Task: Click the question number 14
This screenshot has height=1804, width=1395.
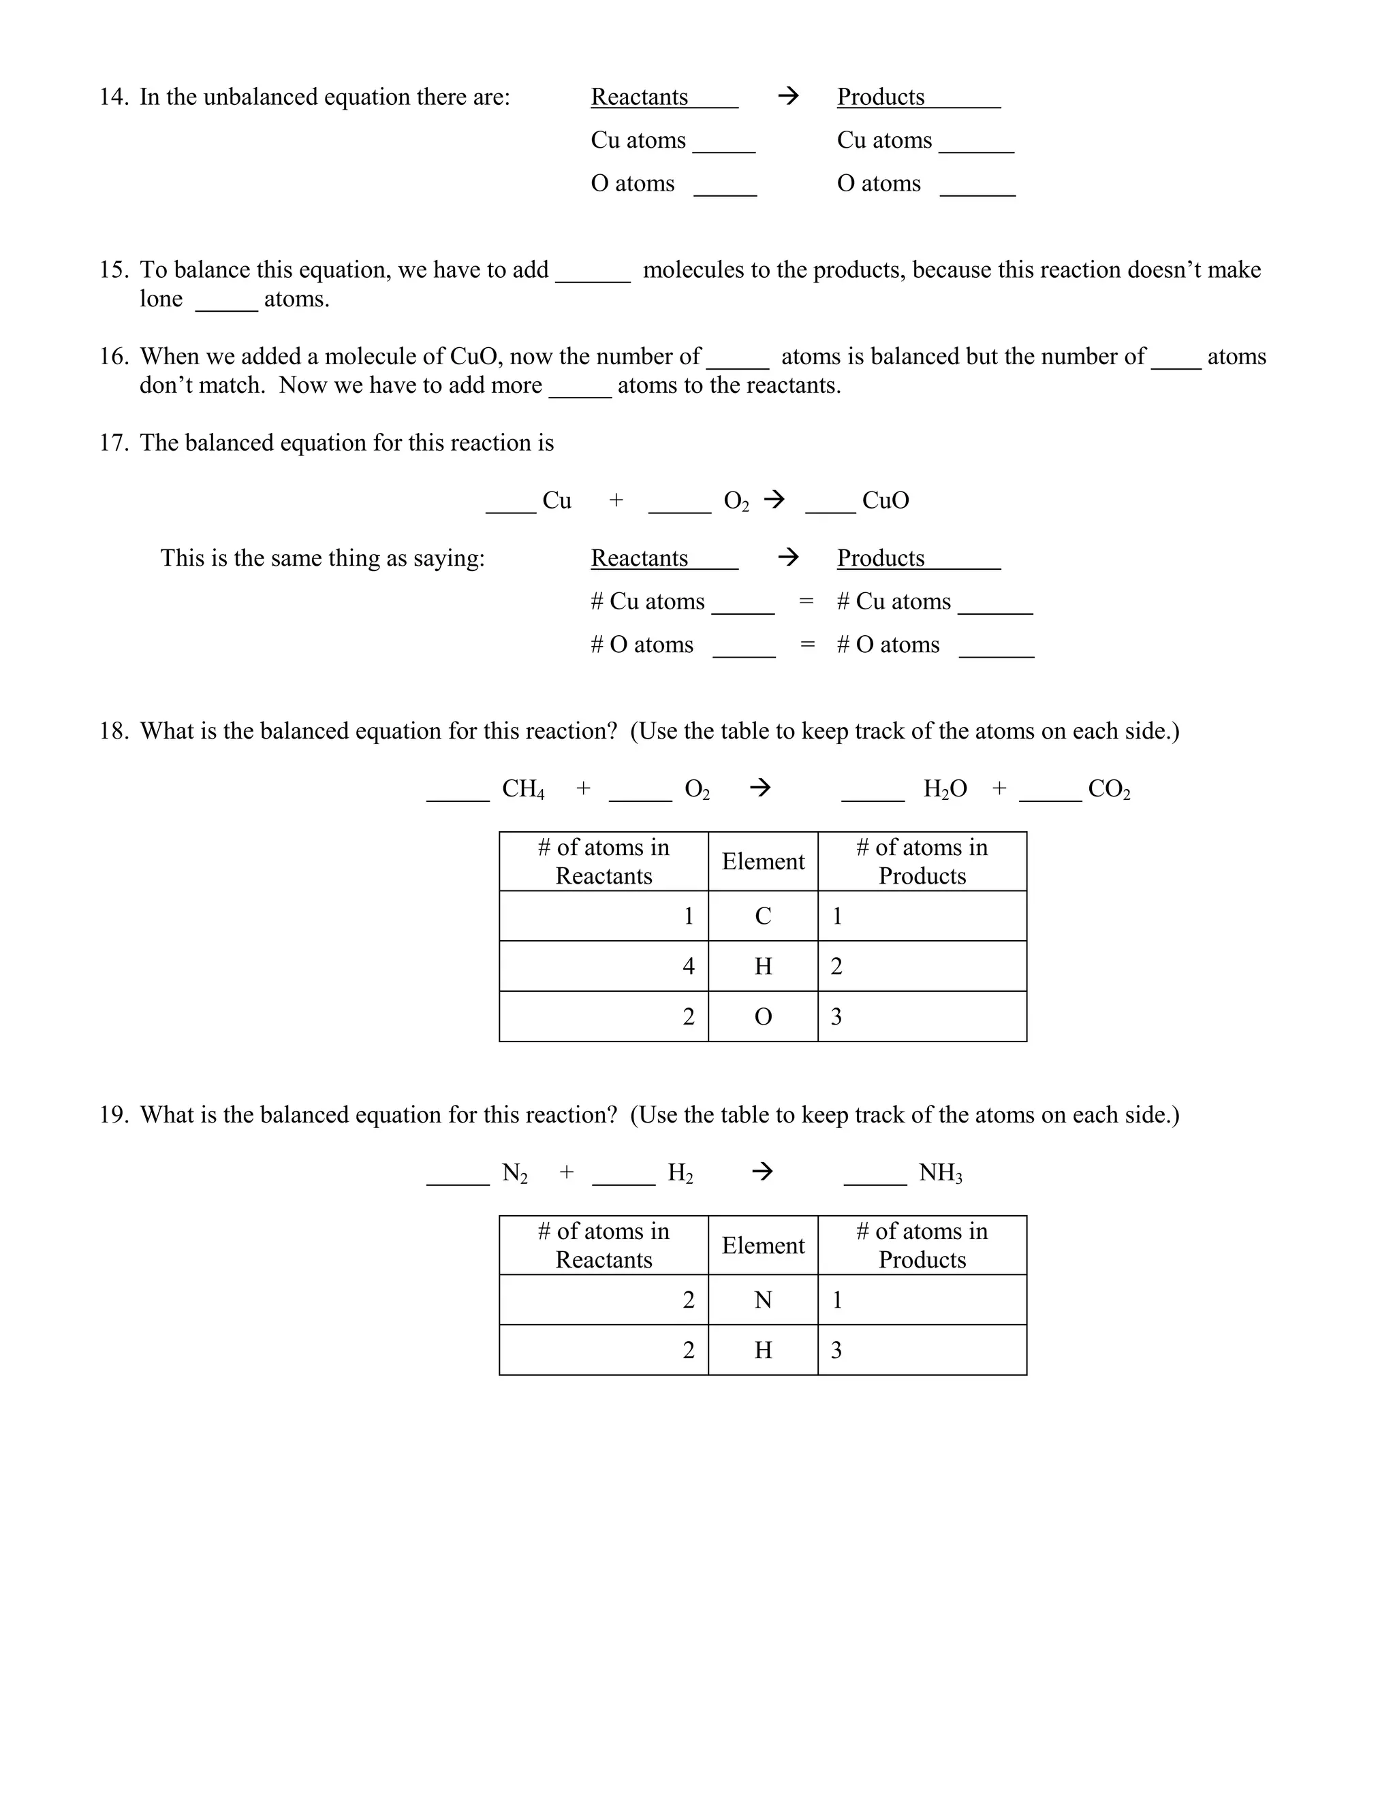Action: (x=113, y=97)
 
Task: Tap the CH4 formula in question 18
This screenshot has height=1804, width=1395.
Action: (x=523, y=790)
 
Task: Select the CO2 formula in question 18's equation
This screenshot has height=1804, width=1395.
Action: (x=1108, y=790)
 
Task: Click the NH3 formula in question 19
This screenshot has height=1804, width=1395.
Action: (x=941, y=1173)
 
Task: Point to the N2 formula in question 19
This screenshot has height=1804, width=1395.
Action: (x=514, y=1173)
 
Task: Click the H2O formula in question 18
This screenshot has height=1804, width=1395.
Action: (x=945, y=790)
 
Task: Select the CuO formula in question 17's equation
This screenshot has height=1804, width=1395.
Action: (x=885, y=500)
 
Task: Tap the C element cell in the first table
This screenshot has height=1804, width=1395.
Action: (x=763, y=916)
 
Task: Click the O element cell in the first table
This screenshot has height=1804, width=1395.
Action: (x=763, y=1017)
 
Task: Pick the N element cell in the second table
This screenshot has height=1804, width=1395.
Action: (x=763, y=1300)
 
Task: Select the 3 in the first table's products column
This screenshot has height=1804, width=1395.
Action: (x=836, y=1017)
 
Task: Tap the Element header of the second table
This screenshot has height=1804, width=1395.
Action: (x=763, y=1246)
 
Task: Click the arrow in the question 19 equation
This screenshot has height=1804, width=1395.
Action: (x=762, y=1172)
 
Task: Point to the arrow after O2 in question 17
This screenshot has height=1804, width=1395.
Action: (x=774, y=500)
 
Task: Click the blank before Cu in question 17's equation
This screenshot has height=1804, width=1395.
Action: (x=511, y=506)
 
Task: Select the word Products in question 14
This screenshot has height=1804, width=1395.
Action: (x=880, y=97)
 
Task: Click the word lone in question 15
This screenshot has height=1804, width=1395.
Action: (x=161, y=299)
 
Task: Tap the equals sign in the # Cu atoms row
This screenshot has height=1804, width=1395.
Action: (x=806, y=601)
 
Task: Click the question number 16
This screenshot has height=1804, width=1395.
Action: (x=113, y=357)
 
